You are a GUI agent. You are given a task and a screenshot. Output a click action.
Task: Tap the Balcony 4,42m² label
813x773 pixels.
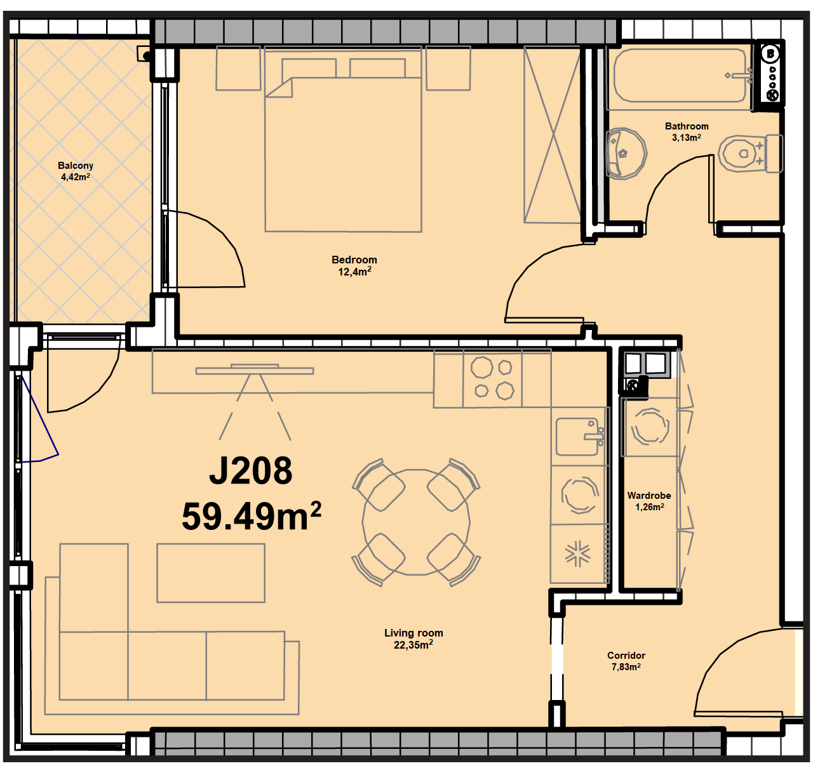coord(76,171)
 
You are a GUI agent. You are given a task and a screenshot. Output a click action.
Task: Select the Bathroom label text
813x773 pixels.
coord(687,126)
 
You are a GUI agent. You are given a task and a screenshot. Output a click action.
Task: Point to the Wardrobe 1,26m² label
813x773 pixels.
coord(649,501)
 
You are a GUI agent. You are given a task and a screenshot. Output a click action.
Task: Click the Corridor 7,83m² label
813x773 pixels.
coord(626,661)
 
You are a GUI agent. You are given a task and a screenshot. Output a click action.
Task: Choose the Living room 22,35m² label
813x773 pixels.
coord(413,638)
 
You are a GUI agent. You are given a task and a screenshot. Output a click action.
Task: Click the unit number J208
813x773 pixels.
coord(251,471)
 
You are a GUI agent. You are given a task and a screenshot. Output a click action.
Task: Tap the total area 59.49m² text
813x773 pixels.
coord(252,516)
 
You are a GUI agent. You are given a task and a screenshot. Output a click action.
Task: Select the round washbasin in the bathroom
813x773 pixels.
coord(626,154)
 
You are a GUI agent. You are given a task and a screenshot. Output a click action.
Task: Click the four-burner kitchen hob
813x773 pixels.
coord(492,379)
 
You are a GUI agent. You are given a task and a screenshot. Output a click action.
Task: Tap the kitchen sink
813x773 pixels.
coord(578,437)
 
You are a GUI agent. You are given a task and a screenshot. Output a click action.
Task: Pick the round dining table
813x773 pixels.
coord(417,522)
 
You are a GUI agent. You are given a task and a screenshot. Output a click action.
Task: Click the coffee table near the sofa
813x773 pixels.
coord(211,573)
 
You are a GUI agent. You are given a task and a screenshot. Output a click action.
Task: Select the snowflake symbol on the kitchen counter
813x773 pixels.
coord(578,554)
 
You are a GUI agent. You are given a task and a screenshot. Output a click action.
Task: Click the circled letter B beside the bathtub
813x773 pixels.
coord(770,54)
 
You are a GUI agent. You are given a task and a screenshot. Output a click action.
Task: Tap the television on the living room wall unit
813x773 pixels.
coord(255,369)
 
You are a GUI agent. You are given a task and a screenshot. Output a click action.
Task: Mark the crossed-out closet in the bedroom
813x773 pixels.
coord(553,135)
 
